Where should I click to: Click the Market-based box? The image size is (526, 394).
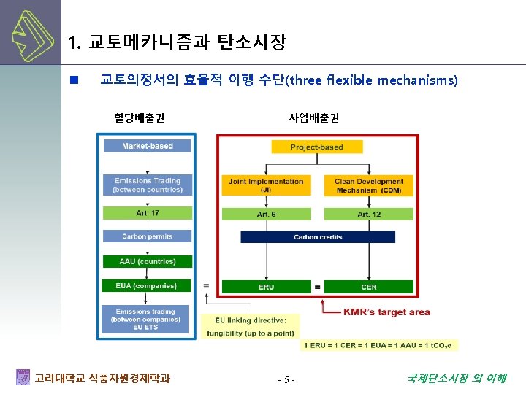[x=148, y=146]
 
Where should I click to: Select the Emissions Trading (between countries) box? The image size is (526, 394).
[x=148, y=185]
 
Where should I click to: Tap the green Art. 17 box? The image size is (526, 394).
[x=148, y=213]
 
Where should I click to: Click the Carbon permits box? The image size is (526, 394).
[x=148, y=236]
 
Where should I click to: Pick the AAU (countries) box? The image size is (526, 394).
[x=148, y=261]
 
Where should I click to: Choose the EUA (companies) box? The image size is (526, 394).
[x=148, y=286]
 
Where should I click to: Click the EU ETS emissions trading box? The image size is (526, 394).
[x=147, y=318]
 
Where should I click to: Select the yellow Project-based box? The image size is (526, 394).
[x=316, y=147]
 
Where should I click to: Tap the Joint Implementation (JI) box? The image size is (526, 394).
[x=266, y=185]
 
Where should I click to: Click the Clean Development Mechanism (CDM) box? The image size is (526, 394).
[x=369, y=185]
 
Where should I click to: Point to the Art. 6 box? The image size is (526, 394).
[x=266, y=215]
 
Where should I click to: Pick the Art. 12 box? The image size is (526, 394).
[x=369, y=215]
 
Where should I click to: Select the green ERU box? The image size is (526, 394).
[x=266, y=287]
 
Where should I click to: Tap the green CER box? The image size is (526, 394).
[x=369, y=287]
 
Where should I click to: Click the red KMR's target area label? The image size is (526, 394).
[x=386, y=312]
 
